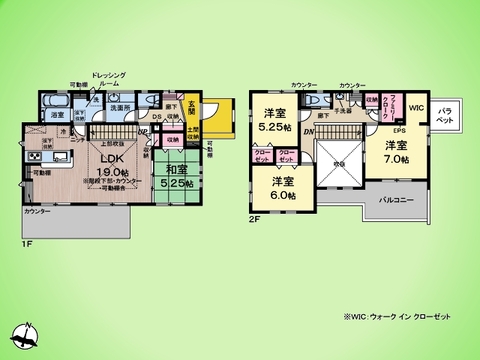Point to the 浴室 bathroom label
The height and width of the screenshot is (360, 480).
tap(58, 115)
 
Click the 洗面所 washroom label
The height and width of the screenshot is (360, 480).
tap(121, 107)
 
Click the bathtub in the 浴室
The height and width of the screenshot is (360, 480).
tap(57, 102)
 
